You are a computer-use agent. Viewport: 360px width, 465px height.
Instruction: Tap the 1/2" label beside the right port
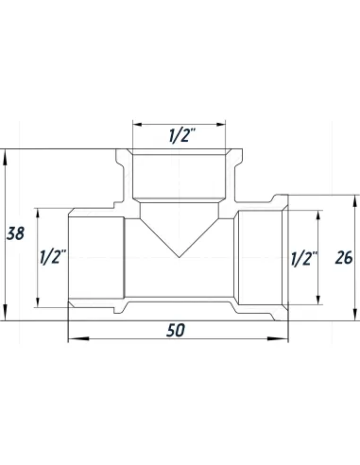tap(304, 256)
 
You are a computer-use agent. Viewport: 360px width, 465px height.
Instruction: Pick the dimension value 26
tap(344, 256)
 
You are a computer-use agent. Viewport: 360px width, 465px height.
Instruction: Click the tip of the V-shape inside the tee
tap(178, 258)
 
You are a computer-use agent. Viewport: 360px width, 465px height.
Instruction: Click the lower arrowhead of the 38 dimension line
tap(7, 319)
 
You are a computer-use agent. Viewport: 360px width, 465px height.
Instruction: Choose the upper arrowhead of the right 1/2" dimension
tap(317, 214)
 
